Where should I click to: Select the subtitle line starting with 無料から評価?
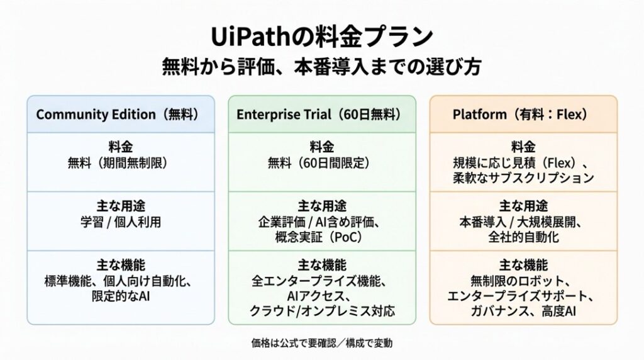[321, 67]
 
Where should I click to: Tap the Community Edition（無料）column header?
[118, 115]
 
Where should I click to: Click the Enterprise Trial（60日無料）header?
[319, 115]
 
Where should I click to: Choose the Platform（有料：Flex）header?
[520, 115]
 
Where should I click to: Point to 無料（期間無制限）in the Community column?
[118, 163]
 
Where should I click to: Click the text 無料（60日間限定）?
[319, 163]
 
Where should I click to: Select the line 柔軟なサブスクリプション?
[523, 178]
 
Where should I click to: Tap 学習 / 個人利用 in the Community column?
[120, 222]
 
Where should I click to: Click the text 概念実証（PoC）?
[319, 237]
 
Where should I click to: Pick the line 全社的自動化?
[523, 237]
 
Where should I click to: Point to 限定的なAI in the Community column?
[120, 296]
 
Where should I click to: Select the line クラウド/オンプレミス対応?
[322, 311]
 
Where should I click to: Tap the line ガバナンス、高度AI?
[523, 311]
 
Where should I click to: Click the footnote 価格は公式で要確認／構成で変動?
[321, 343]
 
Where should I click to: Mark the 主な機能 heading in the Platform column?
[523, 265]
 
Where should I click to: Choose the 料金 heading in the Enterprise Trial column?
[321, 147]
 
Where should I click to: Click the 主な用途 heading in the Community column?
[120, 206]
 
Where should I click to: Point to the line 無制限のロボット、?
[520, 281]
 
